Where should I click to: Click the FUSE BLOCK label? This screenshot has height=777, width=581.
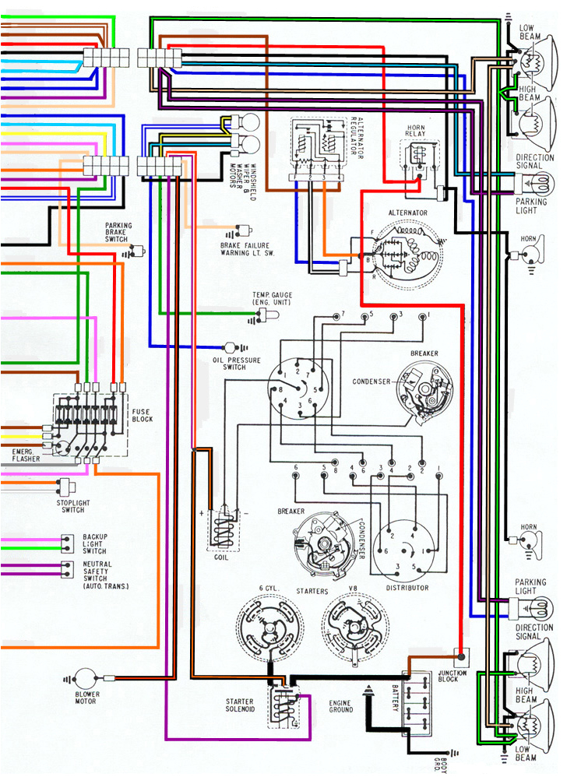coord(143,415)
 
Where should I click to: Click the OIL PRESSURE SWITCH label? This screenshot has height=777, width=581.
coord(229,364)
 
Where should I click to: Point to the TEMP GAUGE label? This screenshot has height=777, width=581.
coord(272,298)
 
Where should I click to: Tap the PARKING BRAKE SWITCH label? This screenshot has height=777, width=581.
coord(118,233)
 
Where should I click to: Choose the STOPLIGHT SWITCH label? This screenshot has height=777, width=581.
coord(72,506)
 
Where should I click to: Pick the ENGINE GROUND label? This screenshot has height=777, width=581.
coord(341,706)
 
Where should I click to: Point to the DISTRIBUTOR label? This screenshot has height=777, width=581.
coord(407,588)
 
